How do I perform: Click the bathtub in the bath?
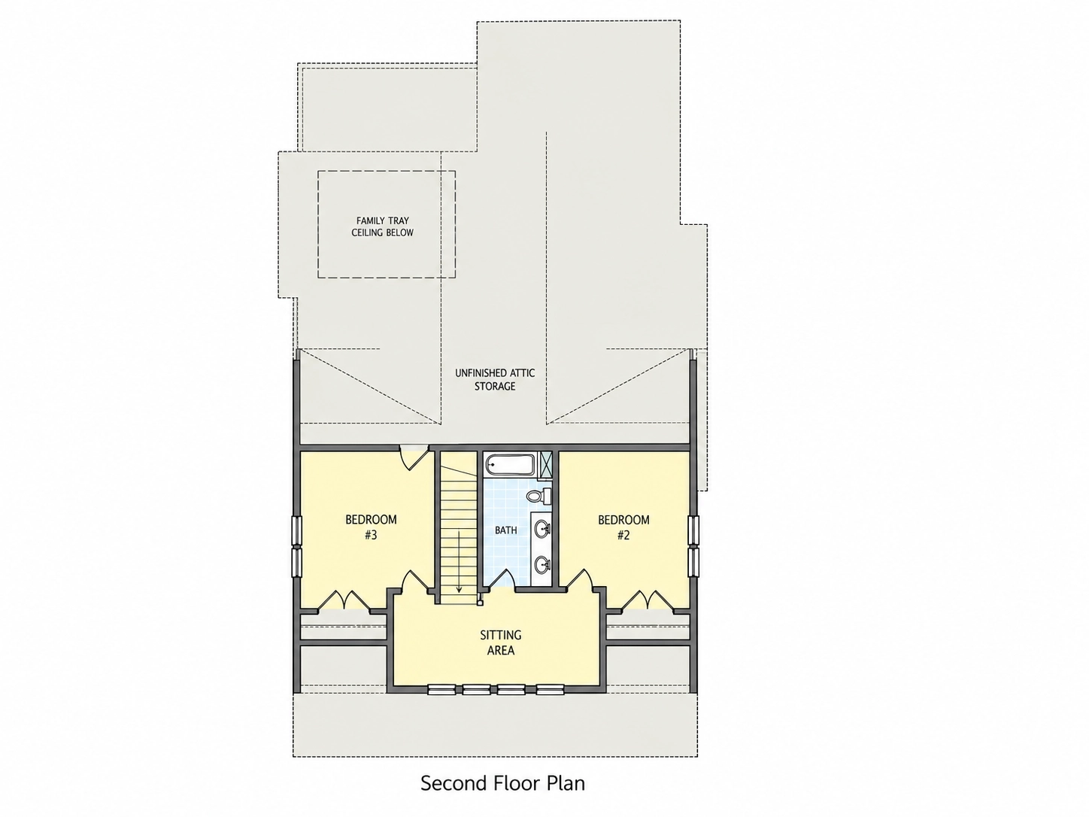509,465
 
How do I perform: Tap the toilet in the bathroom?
538,495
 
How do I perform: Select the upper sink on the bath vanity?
542,529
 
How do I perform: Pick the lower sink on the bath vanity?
542,564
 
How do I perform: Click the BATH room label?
506,530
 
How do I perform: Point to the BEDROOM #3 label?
371,527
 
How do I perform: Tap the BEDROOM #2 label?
623,527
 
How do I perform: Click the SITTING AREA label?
501,642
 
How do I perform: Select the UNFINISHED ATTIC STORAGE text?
495,379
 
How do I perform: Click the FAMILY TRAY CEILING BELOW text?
383,226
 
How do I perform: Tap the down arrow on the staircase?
460,561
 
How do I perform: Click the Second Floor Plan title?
502,783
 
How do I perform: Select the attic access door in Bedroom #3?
414,457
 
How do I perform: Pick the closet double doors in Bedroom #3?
344,600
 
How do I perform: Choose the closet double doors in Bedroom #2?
648,600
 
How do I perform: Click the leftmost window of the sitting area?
441,689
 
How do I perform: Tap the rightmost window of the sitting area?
551,689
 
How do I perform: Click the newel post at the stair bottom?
481,603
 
